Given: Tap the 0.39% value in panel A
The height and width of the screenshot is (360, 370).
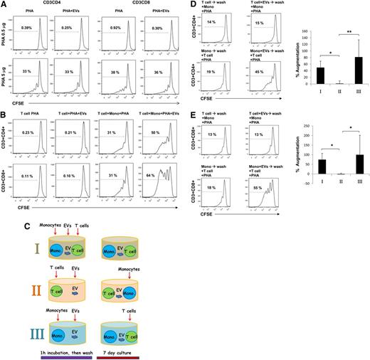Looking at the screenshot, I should pyautogui.click(x=29, y=27).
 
